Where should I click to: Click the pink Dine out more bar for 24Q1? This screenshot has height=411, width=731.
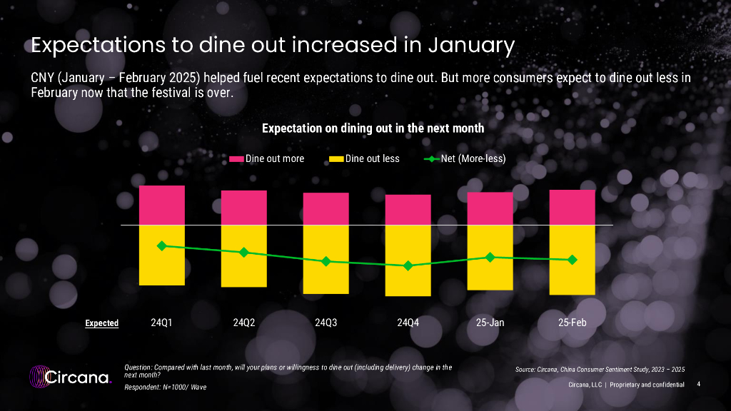click(x=162, y=205)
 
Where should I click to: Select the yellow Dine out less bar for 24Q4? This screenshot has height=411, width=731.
click(x=408, y=260)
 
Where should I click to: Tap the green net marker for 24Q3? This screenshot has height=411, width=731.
click(x=326, y=261)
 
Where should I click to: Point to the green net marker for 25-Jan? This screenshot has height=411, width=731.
click(x=490, y=257)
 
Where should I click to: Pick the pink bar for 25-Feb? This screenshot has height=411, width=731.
click(x=573, y=207)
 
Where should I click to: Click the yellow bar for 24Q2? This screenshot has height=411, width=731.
click(x=244, y=256)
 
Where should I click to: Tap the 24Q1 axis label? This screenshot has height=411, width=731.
click(x=162, y=323)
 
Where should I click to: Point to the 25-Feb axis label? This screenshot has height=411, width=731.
click(x=573, y=323)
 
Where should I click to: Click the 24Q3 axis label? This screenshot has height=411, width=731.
click(x=326, y=323)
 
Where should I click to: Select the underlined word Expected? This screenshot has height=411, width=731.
click(x=102, y=323)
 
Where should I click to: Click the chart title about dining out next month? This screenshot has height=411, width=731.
click(x=373, y=128)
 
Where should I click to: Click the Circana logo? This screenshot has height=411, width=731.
click(x=70, y=376)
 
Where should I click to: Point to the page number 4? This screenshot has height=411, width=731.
click(x=698, y=385)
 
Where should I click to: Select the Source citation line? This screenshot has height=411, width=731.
click(x=600, y=369)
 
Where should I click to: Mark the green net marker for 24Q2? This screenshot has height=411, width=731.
click(x=244, y=252)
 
